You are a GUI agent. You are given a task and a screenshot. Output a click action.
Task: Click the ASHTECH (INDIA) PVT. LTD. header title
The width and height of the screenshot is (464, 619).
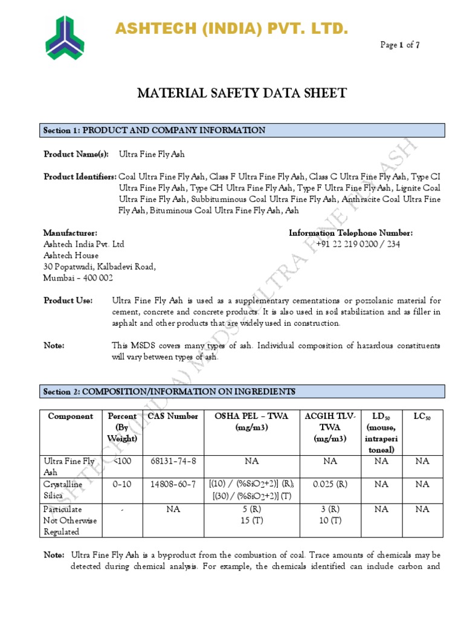(x=232, y=28)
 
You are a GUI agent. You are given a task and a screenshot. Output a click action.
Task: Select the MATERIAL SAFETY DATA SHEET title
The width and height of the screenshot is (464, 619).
(x=242, y=93)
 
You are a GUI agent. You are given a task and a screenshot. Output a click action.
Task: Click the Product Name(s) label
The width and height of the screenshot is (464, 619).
(x=76, y=154)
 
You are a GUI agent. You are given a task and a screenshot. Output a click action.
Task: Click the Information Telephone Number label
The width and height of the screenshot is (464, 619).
(x=350, y=233)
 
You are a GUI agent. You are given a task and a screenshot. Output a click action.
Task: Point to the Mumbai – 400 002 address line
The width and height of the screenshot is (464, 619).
(x=78, y=278)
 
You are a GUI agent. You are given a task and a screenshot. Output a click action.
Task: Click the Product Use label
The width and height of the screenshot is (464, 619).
(x=68, y=300)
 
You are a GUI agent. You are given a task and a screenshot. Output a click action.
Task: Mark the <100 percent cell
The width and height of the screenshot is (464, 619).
(x=122, y=461)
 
